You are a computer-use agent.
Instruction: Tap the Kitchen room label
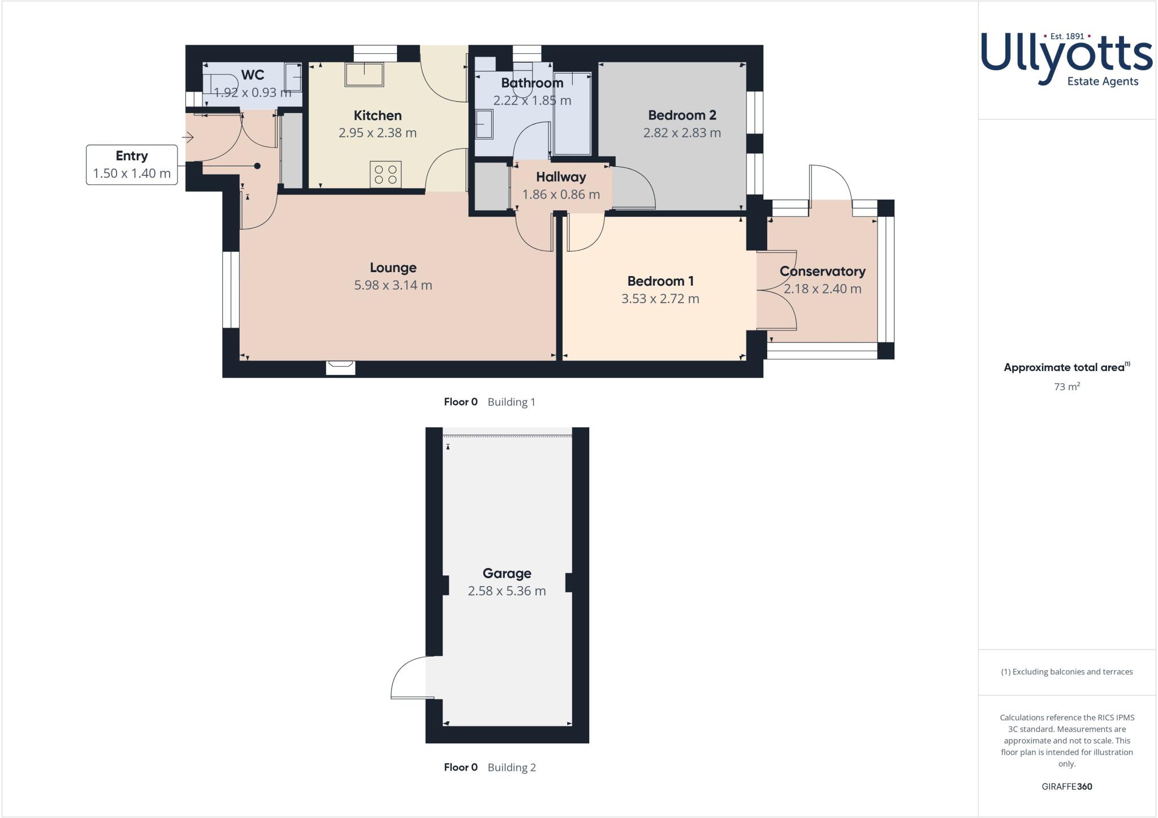(x=377, y=115)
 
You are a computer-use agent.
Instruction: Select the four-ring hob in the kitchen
(x=386, y=174)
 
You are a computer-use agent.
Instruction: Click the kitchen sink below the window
(x=364, y=74)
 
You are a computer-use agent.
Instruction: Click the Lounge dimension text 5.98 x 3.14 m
(x=393, y=285)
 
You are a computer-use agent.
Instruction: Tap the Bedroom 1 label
(x=660, y=281)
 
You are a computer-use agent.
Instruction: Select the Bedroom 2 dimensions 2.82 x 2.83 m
(x=682, y=133)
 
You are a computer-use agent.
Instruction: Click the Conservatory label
(x=822, y=272)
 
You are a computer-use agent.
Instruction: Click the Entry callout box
(x=132, y=165)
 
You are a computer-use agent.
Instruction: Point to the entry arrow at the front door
(x=188, y=137)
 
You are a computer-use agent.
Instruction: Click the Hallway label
(x=561, y=177)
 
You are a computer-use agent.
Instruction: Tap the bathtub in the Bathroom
(x=572, y=113)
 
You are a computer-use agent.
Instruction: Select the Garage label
(x=507, y=573)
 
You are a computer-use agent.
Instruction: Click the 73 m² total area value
(x=1066, y=387)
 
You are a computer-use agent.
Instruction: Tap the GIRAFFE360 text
(x=1066, y=786)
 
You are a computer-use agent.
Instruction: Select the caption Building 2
(x=511, y=768)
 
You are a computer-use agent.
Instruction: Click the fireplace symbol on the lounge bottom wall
(x=340, y=368)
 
